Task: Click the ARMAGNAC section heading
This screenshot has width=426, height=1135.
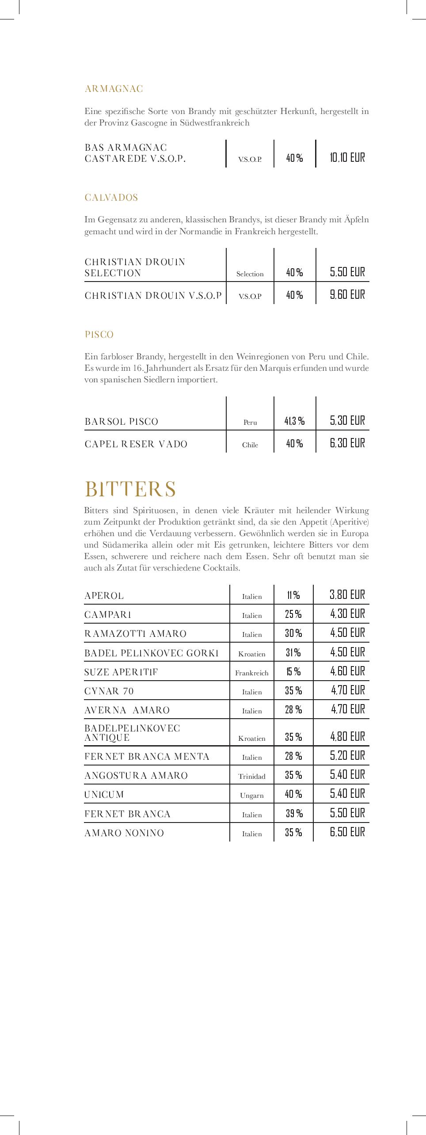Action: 114,89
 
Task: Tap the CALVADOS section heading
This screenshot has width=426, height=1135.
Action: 111,198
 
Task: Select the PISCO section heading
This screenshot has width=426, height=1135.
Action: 99,335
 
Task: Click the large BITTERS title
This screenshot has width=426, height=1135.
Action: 130,489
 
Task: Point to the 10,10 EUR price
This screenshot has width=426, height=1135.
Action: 347,157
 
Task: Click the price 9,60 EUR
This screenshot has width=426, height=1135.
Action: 347,294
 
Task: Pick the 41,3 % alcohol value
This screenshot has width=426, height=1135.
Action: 294,421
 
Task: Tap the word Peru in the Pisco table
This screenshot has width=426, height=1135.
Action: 250,423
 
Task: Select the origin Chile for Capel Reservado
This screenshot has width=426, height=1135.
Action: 250,445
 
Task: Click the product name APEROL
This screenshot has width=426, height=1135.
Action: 104,596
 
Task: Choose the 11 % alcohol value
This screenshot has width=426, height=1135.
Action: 293,595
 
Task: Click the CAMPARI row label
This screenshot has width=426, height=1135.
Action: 108,615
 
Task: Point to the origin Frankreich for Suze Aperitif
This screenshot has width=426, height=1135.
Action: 251,673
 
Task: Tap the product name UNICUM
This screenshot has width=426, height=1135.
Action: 104,795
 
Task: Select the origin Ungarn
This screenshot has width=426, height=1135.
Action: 251,796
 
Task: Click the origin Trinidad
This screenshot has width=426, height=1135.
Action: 251,777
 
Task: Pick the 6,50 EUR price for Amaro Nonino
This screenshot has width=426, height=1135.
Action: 347,832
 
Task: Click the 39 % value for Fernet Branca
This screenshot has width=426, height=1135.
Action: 294,813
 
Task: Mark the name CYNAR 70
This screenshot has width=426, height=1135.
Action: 109,691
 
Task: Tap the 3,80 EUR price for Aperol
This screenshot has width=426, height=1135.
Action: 347,594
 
